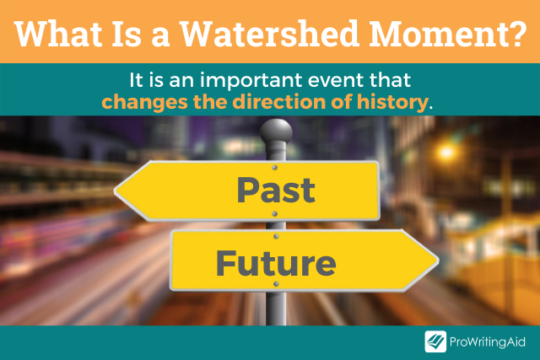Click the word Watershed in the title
coord(269,34)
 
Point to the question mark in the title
coord(515,34)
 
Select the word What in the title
coord(58,34)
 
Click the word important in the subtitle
coord(251,81)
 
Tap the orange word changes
coord(144,103)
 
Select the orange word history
coord(392,103)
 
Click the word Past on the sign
coord(276,190)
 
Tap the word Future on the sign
coord(276,263)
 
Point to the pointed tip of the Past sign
coord(115,191)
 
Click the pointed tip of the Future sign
coord(439,261)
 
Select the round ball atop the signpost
coord(276,131)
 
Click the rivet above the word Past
coord(274,167)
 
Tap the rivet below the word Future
coord(276,284)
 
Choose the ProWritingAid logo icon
coord(435,341)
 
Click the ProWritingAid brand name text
coord(488,342)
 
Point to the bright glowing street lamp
coord(446,151)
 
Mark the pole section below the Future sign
coord(276,309)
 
